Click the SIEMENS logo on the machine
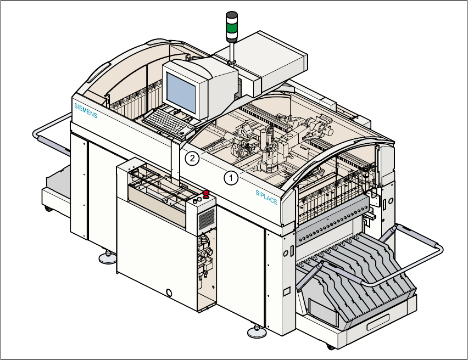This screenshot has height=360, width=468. [x=85, y=110]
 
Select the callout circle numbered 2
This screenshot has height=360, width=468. [x=191, y=159]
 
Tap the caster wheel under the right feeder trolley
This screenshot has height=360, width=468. [x=329, y=346]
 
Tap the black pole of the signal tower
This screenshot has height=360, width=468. [x=232, y=51]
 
